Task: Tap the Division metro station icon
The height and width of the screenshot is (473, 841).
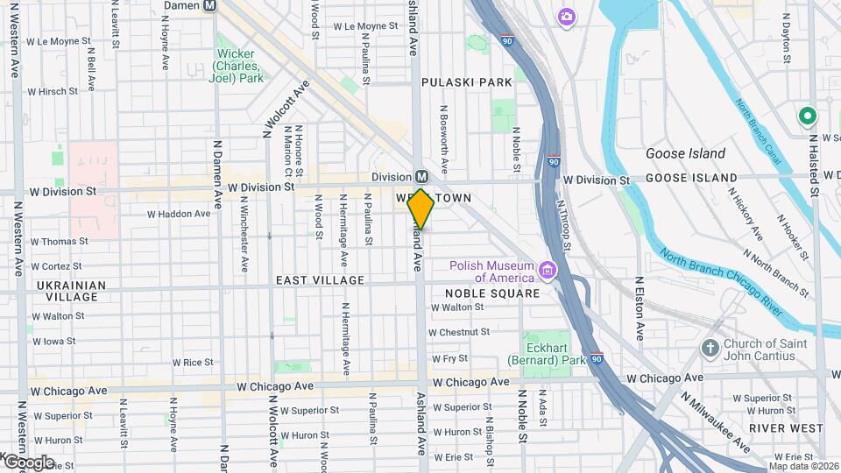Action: [421, 176]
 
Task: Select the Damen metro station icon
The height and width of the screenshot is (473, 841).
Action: [209, 5]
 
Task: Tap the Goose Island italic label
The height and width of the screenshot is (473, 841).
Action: [685, 153]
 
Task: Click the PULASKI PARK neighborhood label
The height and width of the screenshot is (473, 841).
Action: [466, 82]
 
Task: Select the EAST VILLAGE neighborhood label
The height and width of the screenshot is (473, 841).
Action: [320, 280]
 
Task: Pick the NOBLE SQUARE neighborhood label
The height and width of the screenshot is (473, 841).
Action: [492, 293]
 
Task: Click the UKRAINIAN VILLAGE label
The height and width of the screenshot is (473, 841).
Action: [71, 291]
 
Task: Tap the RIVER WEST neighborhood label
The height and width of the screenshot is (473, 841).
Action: [787, 427]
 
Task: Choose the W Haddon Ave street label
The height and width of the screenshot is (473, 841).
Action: [179, 213]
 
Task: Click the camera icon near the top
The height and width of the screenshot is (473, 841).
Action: [567, 16]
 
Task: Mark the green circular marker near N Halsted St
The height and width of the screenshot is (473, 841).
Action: [806, 116]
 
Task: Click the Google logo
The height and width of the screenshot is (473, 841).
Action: [29, 462]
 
